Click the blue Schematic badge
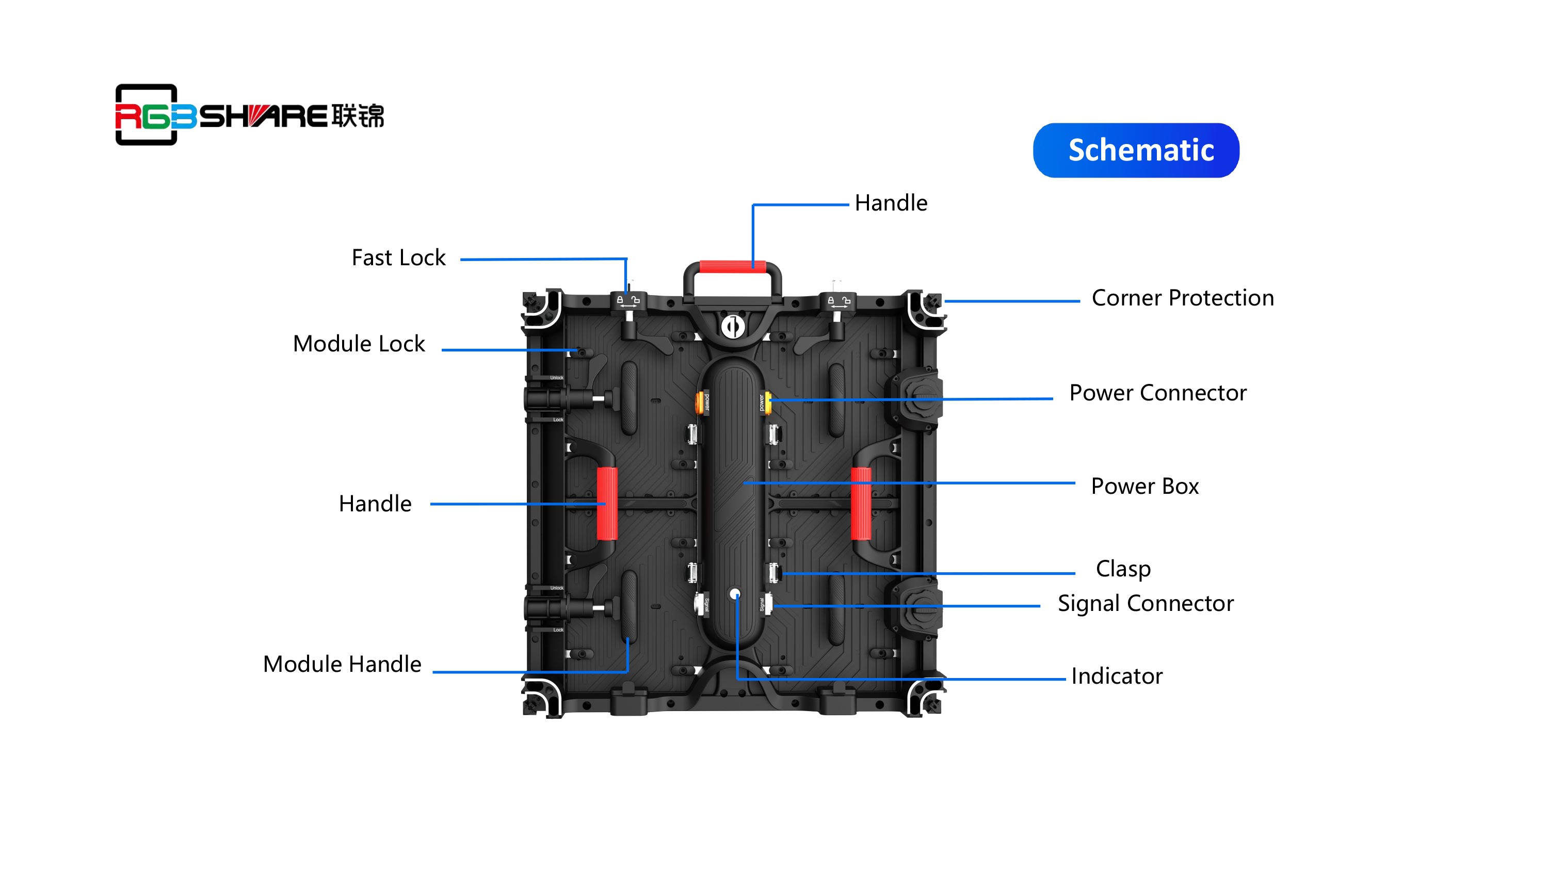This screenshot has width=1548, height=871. [1136, 150]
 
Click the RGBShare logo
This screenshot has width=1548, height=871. [249, 115]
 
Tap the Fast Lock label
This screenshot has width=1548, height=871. [398, 258]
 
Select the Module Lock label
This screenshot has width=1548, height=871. [359, 344]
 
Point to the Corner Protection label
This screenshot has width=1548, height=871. [1182, 298]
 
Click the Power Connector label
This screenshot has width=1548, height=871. [1157, 393]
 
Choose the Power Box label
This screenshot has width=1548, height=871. [1144, 486]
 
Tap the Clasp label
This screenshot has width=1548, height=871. [1122, 569]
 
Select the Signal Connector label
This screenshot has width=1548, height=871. [1146, 604]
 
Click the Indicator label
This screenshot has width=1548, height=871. [1117, 676]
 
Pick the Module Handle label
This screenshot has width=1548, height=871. [342, 664]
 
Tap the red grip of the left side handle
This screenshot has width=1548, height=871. [607, 504]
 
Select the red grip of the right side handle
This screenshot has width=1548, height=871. [861, 504]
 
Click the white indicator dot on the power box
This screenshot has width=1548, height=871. [735, 594]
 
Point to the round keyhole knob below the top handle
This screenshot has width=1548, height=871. [733, 327]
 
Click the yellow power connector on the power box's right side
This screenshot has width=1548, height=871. [767, 402]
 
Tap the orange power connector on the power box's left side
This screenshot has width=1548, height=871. [700, 402]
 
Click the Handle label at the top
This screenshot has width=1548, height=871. [891, 203]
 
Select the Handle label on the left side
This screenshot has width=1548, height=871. [375, 504]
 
